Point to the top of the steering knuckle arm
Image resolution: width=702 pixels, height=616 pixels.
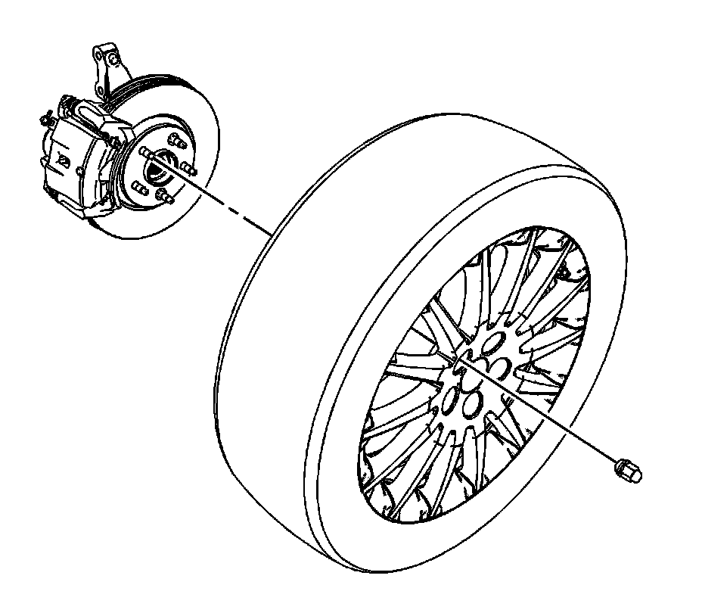(104, 54)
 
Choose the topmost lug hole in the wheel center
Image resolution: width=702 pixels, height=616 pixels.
(491, 344)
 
